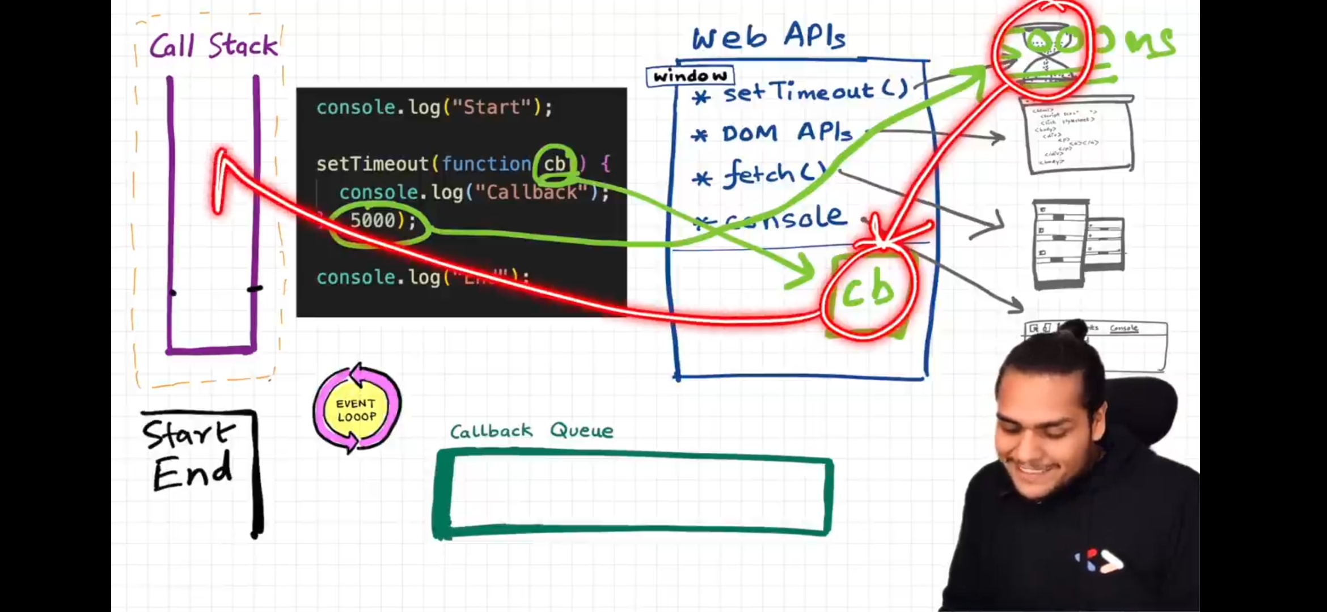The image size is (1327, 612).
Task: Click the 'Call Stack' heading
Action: pyautogui.click(x=214, y=45)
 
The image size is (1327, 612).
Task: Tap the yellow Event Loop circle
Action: pyautogui.click(x=356, y=410)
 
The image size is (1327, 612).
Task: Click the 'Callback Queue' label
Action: pyautogui.click(x=531, y=431)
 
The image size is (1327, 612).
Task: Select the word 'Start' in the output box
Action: pyautogui.click(x=188, y=435)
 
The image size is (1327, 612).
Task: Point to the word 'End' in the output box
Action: pyautogui.click(x=192, y=472)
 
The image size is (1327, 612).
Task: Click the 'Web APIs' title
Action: pyautogui.click(x=768, y=37)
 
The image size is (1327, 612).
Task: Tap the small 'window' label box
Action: pyautogui.click(x=690, y=76)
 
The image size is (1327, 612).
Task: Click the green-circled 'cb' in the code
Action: pyautogui.click(x=555, y=164)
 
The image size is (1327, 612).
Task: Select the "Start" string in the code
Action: pyautogui.click(x=492, y=107)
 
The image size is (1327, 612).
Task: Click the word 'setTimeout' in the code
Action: pyautogui.click(x=372, y=164)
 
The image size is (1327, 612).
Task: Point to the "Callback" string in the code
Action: pyautogui.click(x=531, y=193)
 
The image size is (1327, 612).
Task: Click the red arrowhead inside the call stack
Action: pyautogui.click(x=221, y=170)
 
